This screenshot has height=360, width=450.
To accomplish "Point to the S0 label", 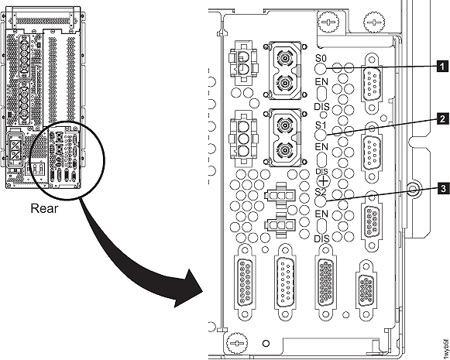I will [322, 57].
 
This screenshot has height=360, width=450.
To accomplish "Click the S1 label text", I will [322, 125].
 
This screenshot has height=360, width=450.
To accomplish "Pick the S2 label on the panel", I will [322, 190].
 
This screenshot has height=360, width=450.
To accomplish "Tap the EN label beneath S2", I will [322, 212].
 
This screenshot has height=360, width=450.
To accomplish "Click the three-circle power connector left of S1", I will [243, 136].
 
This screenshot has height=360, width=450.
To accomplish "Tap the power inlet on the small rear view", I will [17, 147].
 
